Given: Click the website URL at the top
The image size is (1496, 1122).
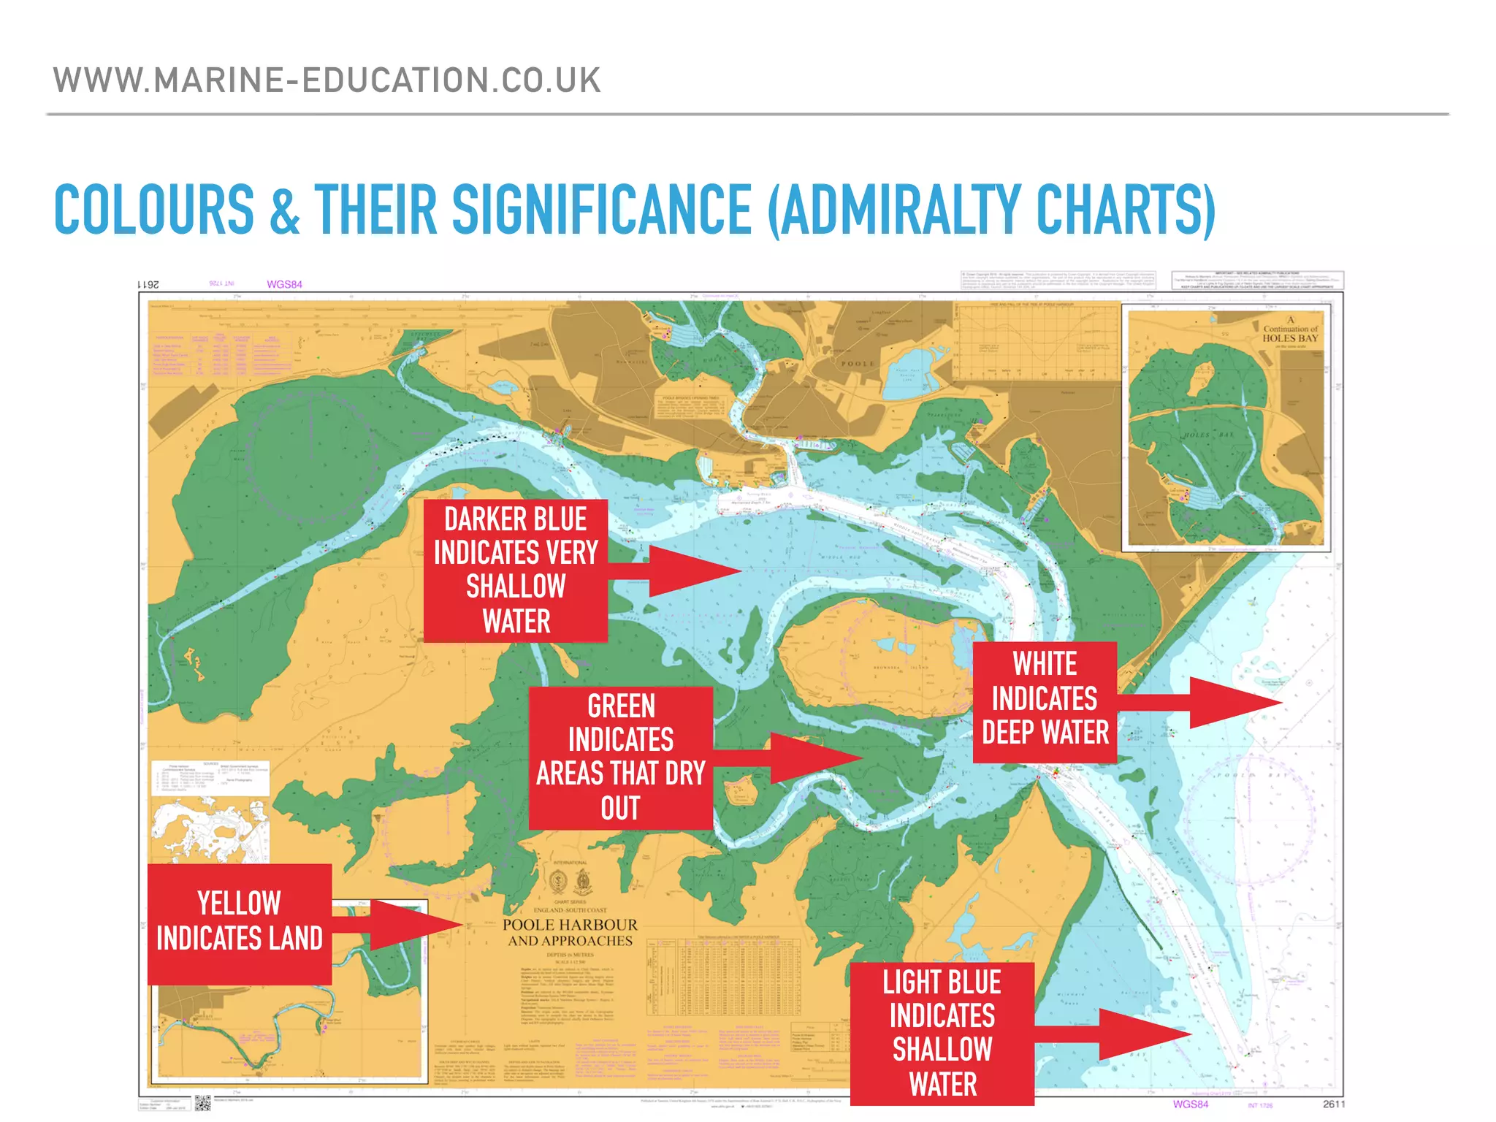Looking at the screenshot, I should (x=327, y=80).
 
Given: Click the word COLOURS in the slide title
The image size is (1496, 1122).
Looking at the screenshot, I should (x=154, y=210).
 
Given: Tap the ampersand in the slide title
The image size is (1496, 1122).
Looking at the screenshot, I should (x=285, y=211).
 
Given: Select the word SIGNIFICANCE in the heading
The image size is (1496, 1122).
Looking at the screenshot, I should (x=602, y=210).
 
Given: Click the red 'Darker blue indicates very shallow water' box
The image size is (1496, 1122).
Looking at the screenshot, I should (x=516, y=570).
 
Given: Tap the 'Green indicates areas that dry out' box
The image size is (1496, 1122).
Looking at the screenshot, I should (x=621, y=757).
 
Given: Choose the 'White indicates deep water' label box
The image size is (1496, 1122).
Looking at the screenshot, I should (x=1045, y=702).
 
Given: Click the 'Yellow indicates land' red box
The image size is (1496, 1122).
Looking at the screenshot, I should (x=240, y=923).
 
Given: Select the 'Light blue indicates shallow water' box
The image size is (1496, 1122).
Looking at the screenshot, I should (x=942, y=1033).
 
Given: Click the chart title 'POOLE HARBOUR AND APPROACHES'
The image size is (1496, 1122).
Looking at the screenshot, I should (x=570, y=933).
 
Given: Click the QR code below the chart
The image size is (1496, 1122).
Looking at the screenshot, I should (x=202, y=1103).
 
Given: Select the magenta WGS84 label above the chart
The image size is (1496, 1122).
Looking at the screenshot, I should (x=284, y=284).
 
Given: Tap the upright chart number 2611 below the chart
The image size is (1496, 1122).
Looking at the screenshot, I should (x=1333, y=1104).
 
